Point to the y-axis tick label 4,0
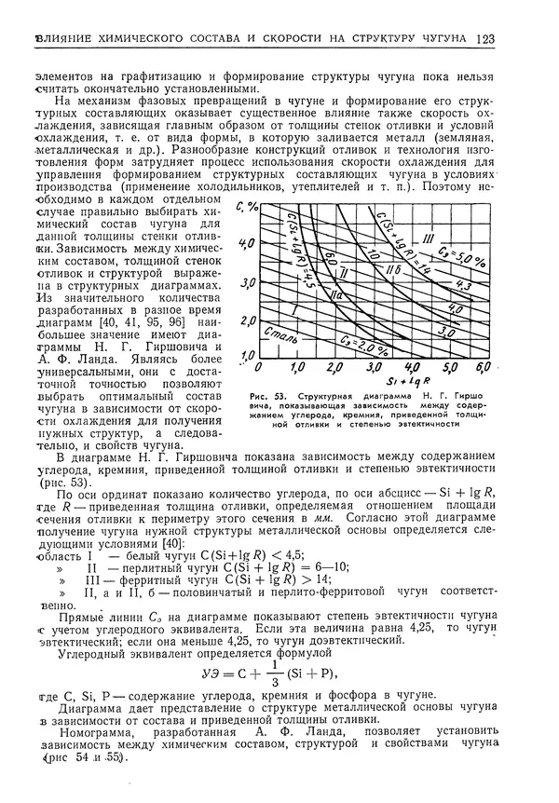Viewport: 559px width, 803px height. tap(248, 243)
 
